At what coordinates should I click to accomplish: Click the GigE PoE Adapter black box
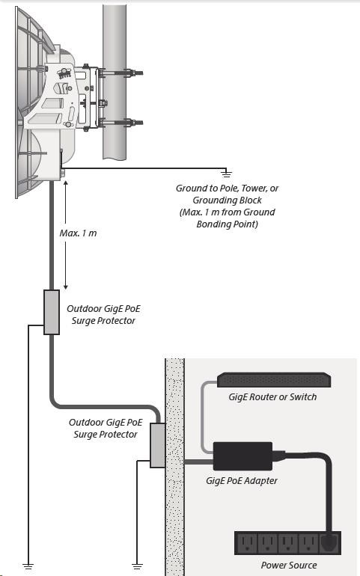pos(242,456)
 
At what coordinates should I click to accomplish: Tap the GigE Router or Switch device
pos(274,380)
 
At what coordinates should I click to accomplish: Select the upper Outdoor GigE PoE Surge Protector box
pos(52,312)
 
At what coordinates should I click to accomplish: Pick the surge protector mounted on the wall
pos(158,445)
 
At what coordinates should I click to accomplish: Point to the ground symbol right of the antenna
pos(226,173)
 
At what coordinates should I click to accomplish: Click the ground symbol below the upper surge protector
pos(28,566)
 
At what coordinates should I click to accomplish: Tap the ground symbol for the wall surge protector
pos(137,566)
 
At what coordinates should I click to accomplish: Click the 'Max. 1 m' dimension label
pos(79,233)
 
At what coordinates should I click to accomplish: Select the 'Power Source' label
pos(289,565)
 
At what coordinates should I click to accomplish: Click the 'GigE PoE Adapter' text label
pos(242,481)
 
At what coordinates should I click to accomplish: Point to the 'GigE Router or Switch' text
pos(272,397)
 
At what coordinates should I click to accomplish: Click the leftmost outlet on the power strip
pos(246,542)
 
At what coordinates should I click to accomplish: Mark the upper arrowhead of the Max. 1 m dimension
pos(65,183)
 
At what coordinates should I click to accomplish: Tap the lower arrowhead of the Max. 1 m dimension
pos(65,287)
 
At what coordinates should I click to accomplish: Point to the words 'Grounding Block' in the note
pos(228,200)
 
